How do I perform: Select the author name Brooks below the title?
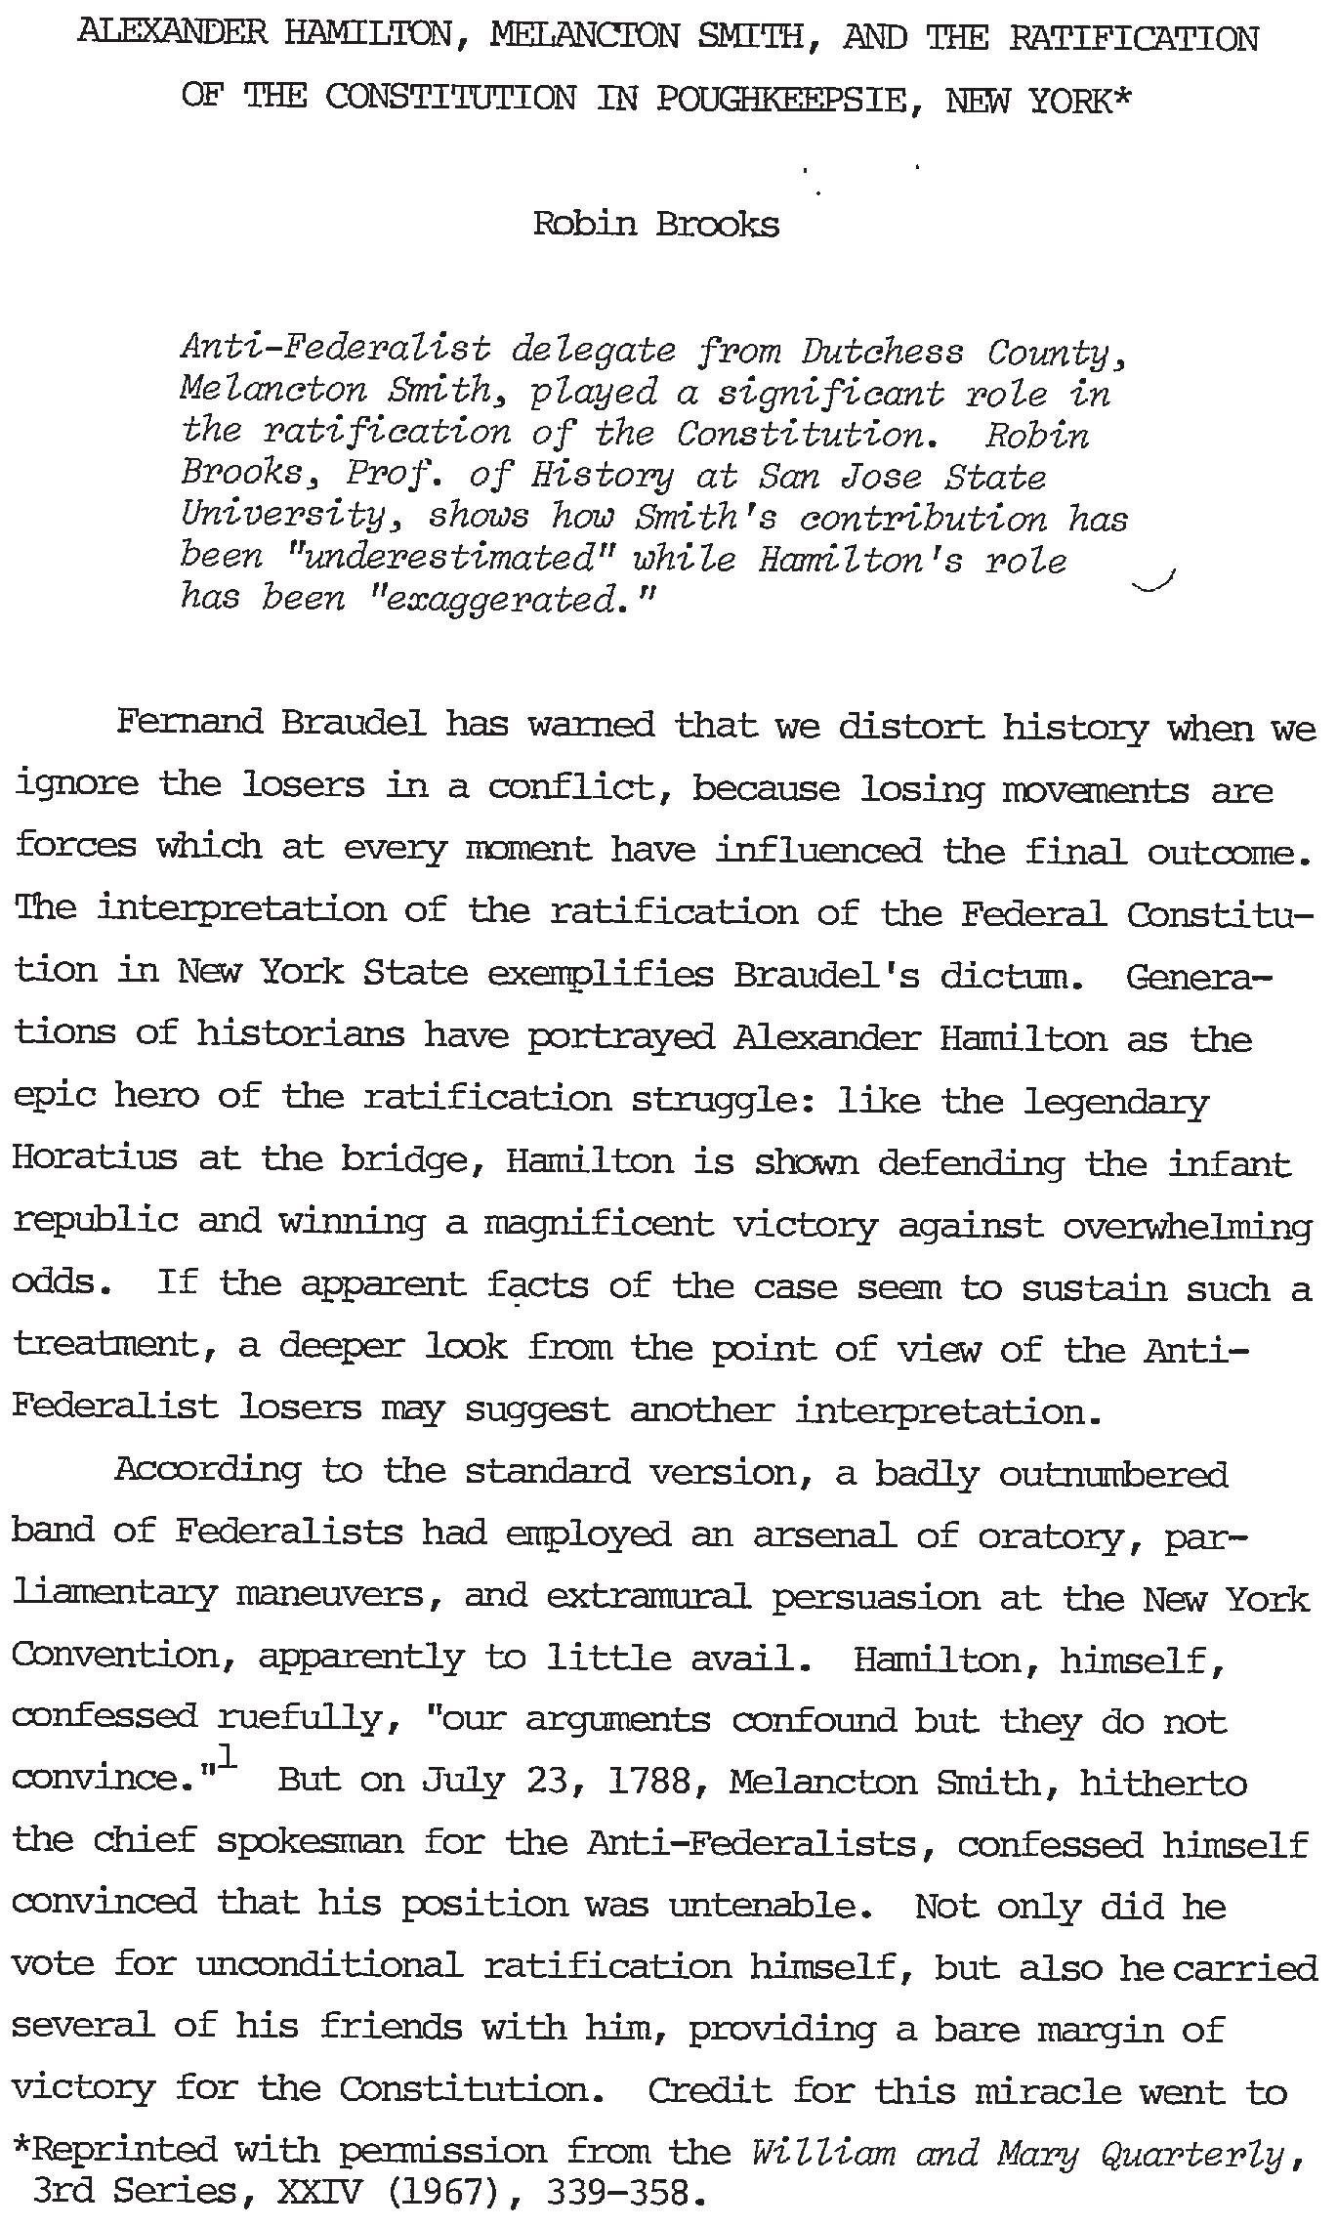coord(717,225)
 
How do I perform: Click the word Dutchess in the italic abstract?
coord(882,351)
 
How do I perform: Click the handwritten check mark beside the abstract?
coord(1154,584)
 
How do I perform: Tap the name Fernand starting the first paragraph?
coord(189,723)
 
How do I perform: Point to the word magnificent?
coord(598,1223)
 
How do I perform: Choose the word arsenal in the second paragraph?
coord(824,1534)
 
